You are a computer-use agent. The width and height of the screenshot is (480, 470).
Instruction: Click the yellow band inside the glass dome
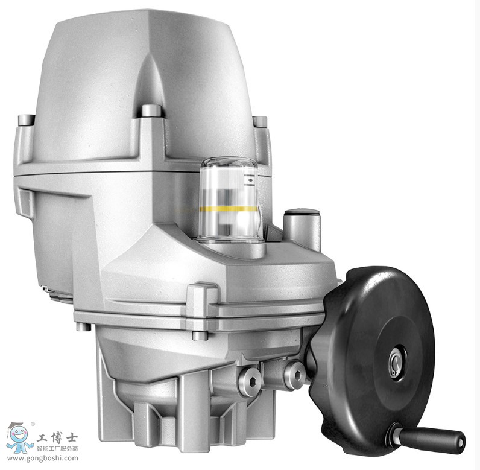tap(229, 209)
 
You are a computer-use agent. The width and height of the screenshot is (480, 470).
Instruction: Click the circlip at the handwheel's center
tap(396, 363)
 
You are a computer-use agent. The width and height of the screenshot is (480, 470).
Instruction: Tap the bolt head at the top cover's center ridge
tap(151, 111)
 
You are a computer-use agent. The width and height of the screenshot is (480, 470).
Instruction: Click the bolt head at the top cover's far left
tap(26, 119)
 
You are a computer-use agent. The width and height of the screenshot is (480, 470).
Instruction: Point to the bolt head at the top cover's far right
tap(260, 121)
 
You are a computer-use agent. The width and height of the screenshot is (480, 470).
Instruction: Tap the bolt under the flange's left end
tap(83, 327)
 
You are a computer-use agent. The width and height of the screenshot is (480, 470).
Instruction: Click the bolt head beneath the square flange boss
tap(200, 335)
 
